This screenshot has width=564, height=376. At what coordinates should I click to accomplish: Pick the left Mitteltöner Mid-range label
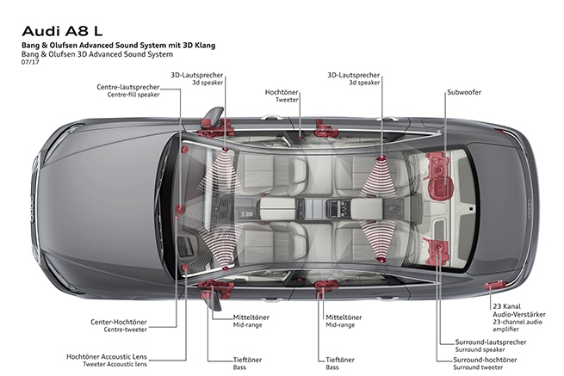(x=227, y=320)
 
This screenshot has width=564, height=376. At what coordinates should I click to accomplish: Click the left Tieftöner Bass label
(x=227, y=364)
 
